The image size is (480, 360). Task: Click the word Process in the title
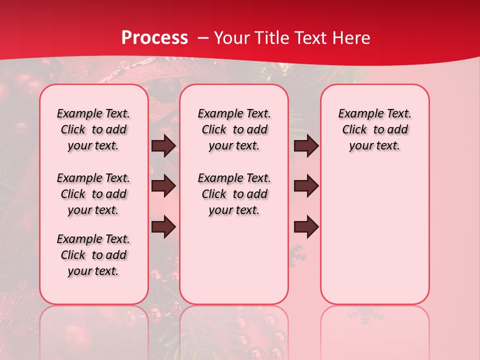click(x=154, y=38)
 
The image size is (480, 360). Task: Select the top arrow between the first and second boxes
click(x=163, y=146)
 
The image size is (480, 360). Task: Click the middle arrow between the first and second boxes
click(x=163, y=186)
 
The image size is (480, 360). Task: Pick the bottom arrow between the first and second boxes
click(x=163, y=226)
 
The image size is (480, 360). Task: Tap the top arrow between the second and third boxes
click(x=306, y=146)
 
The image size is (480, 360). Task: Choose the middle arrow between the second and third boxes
click(x=306, y=186)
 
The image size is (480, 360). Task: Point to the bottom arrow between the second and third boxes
click(x=306, y=226)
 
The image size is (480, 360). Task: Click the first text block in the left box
click(x=93, y=129)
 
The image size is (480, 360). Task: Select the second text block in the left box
click(x=93, y=194)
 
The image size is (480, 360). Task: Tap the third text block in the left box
click(x=93, y=255)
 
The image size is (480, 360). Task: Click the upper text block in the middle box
click(x=234, y=129)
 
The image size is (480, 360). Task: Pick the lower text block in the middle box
click(x=234, y=194)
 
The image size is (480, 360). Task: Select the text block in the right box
click(x=375, y=129)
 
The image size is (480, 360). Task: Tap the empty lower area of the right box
click(x=375, y=240)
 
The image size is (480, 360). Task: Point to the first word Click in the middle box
click(x=214, y=130)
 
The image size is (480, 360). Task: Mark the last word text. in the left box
click(x=106, y=271)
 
